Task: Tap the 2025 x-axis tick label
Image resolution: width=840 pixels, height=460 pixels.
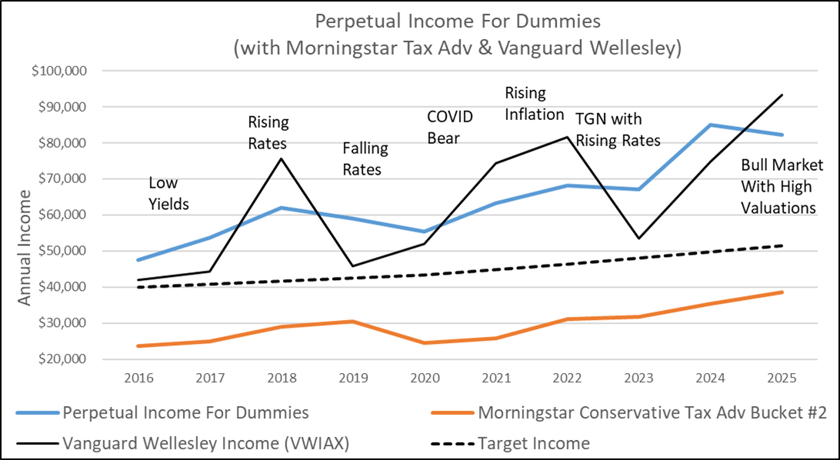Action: coord(782,378)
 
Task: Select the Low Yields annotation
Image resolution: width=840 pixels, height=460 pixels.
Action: coord(168,193)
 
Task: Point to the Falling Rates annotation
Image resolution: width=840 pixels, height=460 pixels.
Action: coord(365,158)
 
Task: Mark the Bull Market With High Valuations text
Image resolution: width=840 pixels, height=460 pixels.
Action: coord(782,185)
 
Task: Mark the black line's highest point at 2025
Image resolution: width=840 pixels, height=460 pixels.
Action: coord(782,95)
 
